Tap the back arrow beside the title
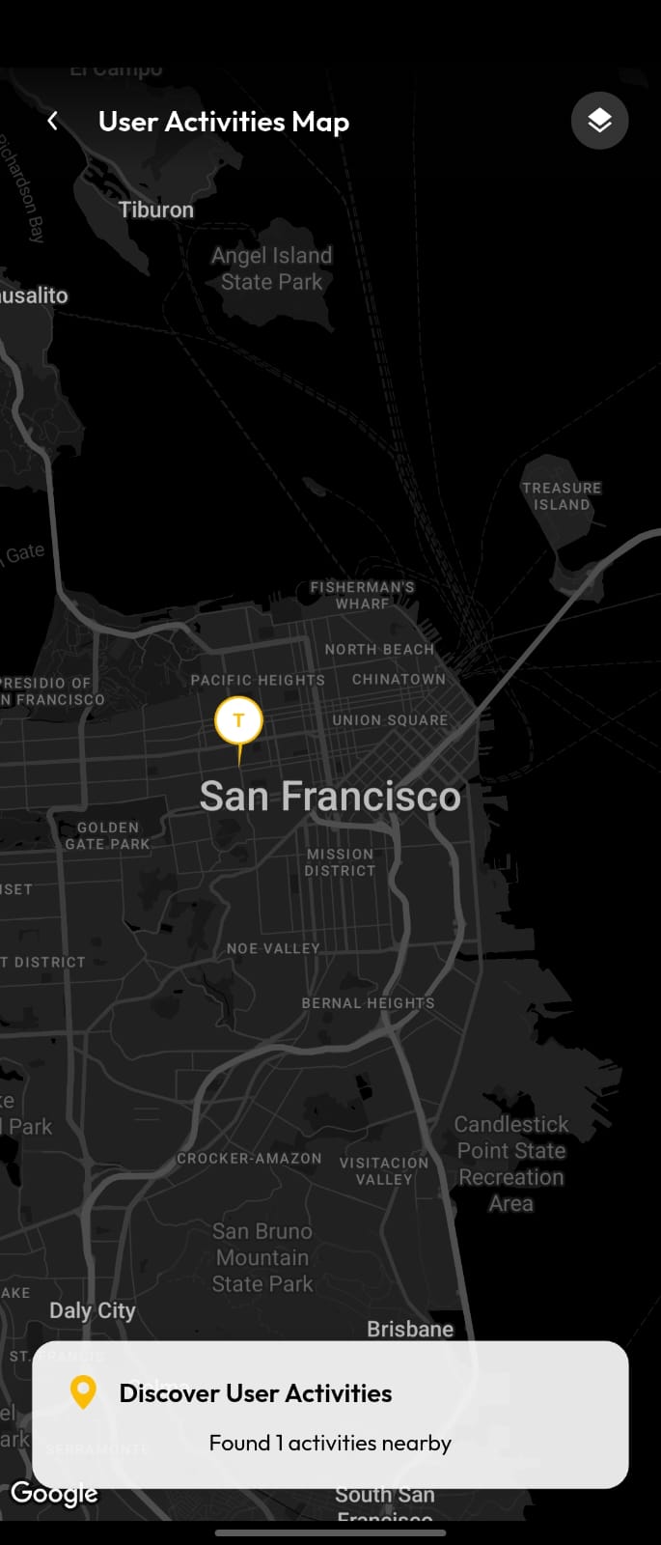[53, 121]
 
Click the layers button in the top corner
[599, 121]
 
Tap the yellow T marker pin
[238, 721]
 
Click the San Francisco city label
[330, 797]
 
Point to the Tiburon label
[156, 210]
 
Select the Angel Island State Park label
[271, 268]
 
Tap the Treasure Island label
[562, 496]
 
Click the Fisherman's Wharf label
[362, 595]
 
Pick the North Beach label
[379, 649]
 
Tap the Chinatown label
[399, 679]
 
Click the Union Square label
[390, 720]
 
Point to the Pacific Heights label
[258, 680]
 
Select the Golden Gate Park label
[107, 835]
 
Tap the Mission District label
[340, 862]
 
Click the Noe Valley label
[273, 948]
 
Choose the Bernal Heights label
[368, 1003]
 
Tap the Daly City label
[93, 1310]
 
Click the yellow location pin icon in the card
[84, 1391]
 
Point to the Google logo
[54, 1493]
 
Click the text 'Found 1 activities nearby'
[330, 1443]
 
